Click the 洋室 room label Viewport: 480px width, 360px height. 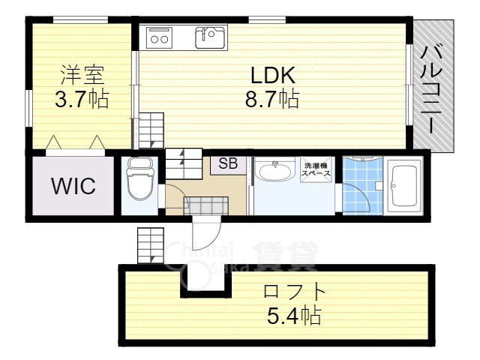tap(82, 75)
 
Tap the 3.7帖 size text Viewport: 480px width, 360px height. tap(82, 99)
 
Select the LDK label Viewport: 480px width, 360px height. tap(274, 75)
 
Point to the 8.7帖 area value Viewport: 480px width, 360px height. tap(274, 99)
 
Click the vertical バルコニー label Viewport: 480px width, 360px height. tap(433, 89)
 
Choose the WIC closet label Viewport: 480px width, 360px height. tap(73, 186)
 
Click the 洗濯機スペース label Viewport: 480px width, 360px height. tap(316, 169)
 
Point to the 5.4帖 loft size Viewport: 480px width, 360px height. tap(295, 315)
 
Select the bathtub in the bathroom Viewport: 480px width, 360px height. tap(406, 185)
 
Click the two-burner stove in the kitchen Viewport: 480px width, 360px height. tap(160, 37)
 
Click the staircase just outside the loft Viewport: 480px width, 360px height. tap(150, 245)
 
